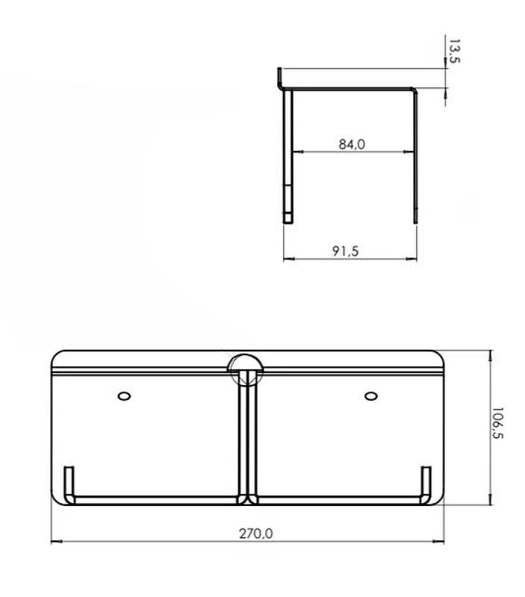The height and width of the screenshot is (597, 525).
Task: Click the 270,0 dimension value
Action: click(x=255, y=534)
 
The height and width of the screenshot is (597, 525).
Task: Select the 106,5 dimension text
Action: click(x=497, y=422)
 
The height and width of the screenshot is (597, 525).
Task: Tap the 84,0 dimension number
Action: click(x=352, y=144)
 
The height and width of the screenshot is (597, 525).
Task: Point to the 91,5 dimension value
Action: click(x=345, y=251)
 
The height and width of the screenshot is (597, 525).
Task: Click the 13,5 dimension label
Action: click(x=454, y=51)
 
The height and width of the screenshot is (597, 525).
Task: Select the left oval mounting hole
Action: click(x=124, y=396)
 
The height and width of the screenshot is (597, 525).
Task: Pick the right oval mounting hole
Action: click(x=371, y=396)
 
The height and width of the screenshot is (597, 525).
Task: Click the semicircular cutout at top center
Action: click(x=245, y=363)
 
